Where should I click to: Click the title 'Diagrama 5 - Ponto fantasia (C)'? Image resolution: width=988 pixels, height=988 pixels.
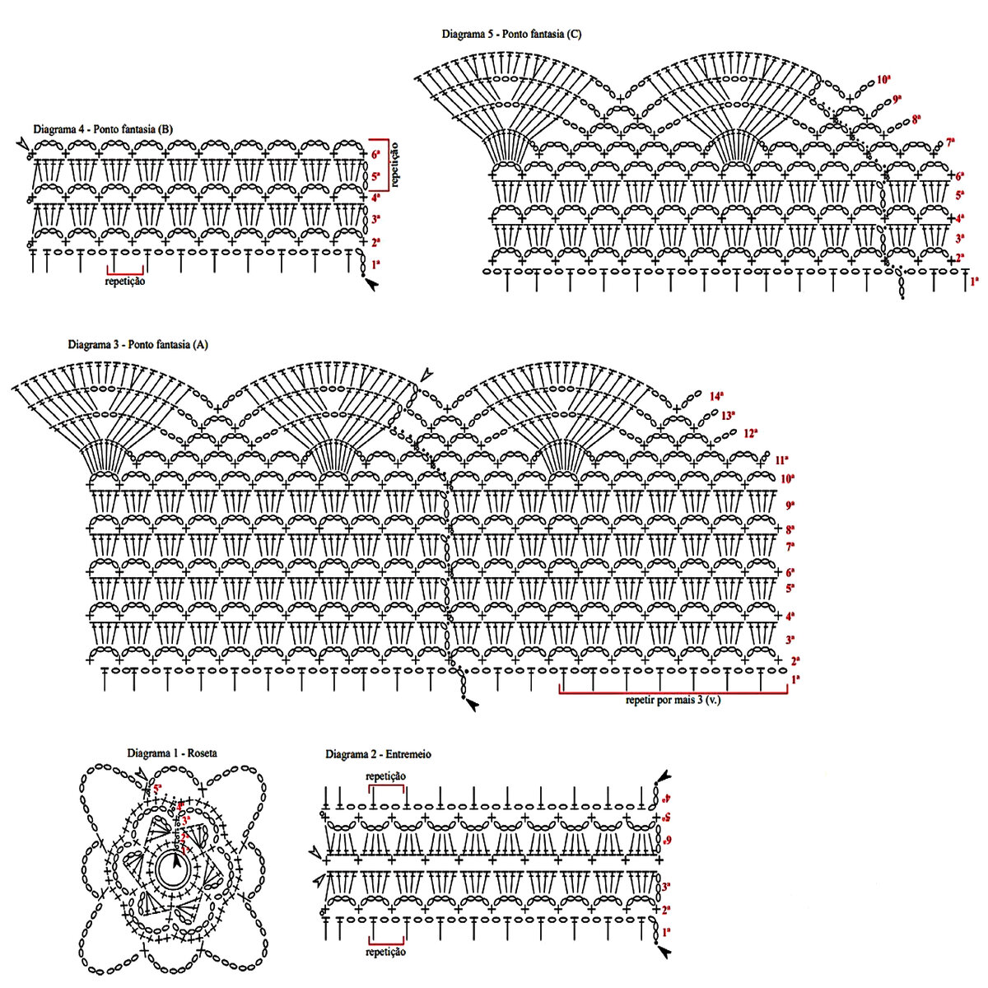(x=511, y=35)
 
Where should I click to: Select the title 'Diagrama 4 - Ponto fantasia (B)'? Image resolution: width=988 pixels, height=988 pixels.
(x=103, y=129)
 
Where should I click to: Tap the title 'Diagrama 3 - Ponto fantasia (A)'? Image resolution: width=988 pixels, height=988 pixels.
(x=137, y=345)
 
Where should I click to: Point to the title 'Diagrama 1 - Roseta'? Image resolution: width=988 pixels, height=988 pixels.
(x=172, y=753)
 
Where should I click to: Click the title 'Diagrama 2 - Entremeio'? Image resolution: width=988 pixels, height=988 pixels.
(x=378, y=754)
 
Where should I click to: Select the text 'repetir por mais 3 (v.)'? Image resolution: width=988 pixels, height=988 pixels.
(x=673, y=701)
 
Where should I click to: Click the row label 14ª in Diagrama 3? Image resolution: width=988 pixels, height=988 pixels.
(x=716, y=396)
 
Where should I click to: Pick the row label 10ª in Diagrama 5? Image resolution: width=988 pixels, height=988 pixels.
(x=883, y=80)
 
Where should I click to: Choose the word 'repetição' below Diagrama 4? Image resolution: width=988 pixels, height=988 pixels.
(x=125, y=282)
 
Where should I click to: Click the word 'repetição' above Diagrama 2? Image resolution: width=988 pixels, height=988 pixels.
(x=386, y=776)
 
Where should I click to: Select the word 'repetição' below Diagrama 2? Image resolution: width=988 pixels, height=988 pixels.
(x=386, y=952)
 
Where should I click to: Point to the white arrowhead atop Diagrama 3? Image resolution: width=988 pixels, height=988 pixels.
(x=426, y=375)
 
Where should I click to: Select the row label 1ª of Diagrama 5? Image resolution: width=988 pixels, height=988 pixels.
(x=974, y=282)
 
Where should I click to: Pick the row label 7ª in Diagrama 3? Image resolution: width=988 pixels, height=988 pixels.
(x=790, y=547)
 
